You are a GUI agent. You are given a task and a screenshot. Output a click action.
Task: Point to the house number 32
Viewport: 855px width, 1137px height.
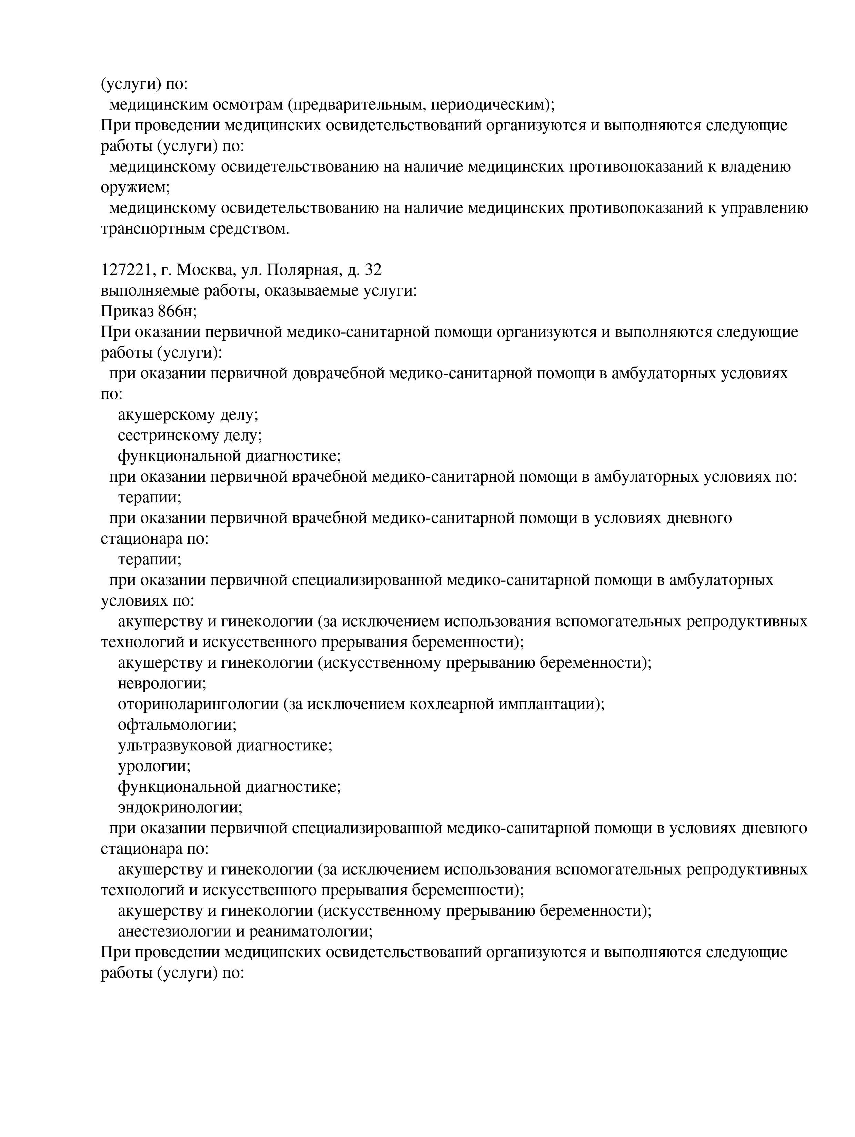point(372,270)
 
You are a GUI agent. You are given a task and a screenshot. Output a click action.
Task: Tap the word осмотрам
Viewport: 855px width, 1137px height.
point(248,105)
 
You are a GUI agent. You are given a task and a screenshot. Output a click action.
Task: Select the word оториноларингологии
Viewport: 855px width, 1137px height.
point(198,704)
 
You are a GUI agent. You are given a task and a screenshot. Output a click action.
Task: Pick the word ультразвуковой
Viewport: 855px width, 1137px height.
point(175,745)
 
